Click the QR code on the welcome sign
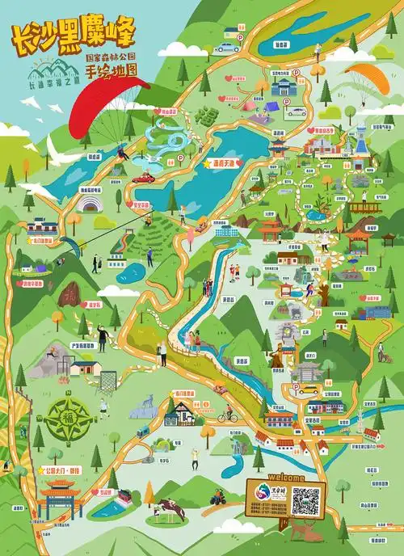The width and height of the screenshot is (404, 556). (306, 503)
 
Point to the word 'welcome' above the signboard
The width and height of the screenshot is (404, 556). (285, 478)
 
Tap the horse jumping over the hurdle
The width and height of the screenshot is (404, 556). (168, 508)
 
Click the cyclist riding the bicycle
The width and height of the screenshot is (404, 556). (227, 416)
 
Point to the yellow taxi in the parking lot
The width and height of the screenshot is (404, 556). (309, 390)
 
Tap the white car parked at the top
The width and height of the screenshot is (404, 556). (225, 47)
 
